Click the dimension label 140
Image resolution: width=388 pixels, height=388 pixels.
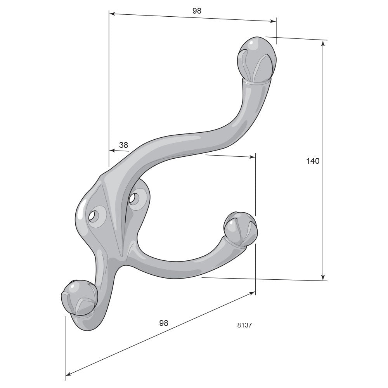tap(313, 161)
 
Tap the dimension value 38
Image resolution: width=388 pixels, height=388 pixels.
tap(123, 145)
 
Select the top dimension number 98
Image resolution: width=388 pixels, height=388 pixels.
tap(197, 11)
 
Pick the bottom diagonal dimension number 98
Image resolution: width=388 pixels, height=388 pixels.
tap(164, 323)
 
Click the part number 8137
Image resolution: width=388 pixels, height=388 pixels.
tap(244, 325)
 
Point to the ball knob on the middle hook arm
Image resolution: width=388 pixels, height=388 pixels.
tap(241, 229)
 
